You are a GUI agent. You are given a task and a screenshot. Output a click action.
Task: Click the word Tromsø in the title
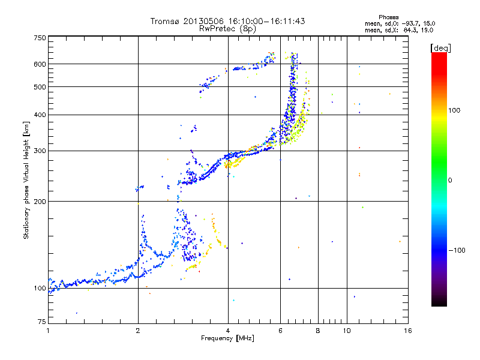tap(164, 21)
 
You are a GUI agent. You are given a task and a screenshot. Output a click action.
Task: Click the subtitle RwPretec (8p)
tap(227, 29)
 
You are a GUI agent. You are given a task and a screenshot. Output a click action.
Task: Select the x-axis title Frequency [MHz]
tap(227, 338)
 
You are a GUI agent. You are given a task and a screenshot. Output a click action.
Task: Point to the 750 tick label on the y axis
tap(40, 38)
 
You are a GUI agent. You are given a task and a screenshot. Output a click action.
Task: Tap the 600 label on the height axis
tap(40, 64)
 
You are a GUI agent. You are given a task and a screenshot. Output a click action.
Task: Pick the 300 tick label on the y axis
tap(40, 151)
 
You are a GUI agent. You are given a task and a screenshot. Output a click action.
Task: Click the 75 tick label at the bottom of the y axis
tap(41, 322)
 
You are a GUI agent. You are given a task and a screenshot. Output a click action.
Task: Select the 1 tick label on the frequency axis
tap(48, 331)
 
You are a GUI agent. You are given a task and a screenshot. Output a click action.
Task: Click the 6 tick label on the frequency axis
tap(280, 331)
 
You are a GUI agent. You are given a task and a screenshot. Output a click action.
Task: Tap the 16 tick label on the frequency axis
tap(408, 331)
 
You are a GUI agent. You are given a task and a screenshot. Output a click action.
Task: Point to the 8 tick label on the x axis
tap(318, 331)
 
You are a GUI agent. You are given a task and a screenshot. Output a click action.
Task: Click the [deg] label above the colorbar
tap(440, 49)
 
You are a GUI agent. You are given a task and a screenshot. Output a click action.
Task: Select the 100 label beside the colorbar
tap(454, 110)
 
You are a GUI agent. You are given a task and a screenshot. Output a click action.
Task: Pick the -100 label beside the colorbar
tap(457, 250)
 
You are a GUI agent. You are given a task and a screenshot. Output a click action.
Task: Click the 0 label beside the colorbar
tap(450, 181)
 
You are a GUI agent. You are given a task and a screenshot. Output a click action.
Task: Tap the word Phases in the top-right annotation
tap(388, 17)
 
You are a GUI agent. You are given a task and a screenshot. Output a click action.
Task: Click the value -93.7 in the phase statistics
tap(410, 23)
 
